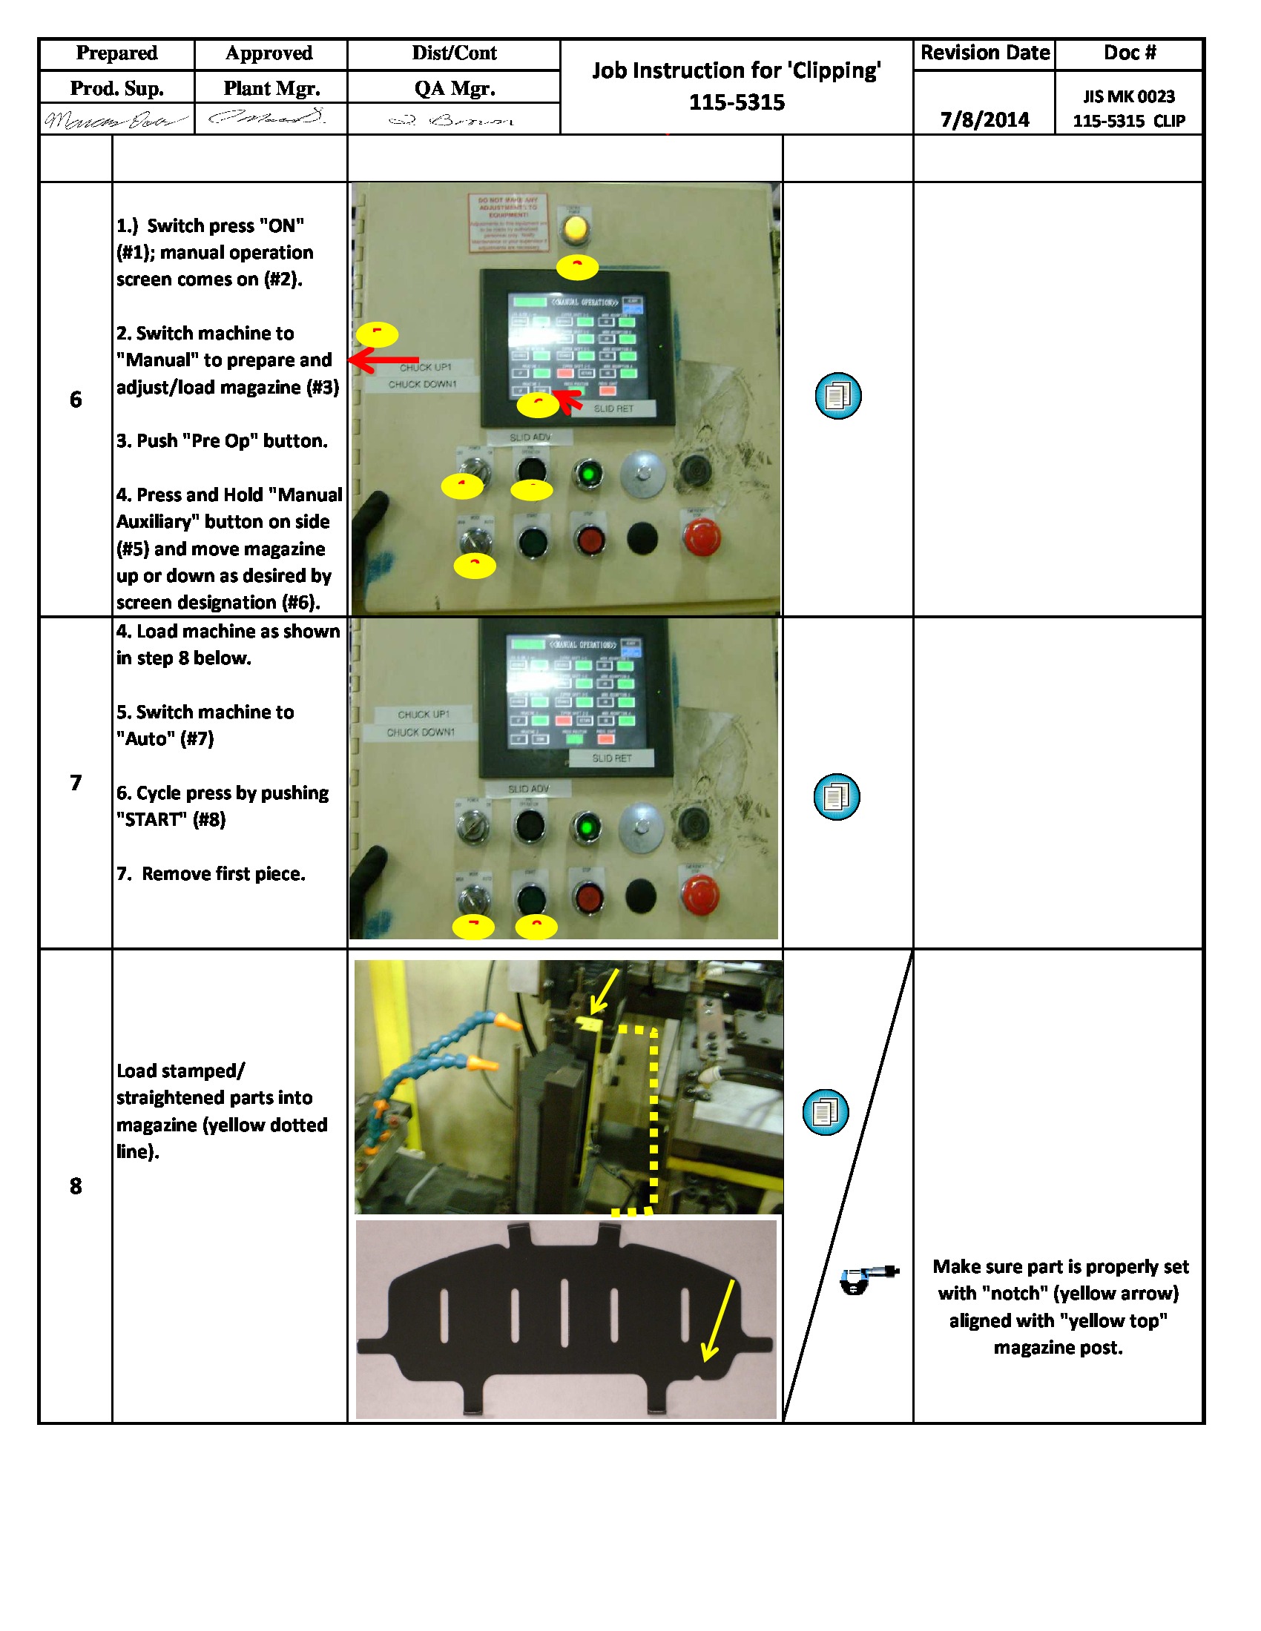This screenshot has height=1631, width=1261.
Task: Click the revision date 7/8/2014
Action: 984,119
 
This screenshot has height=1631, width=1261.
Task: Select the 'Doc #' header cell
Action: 1129,53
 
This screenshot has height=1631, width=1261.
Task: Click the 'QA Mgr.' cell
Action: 454,88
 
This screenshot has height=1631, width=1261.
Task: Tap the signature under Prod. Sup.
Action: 116,119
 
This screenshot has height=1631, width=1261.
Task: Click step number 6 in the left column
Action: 76,399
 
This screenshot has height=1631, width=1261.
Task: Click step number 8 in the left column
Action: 76,1185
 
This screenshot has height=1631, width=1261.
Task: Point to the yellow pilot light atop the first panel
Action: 574,228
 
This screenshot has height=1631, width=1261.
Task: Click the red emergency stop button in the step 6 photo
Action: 702,537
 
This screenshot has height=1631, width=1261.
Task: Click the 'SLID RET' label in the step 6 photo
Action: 613,408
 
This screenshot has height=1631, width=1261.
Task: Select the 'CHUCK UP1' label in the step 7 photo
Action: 424,714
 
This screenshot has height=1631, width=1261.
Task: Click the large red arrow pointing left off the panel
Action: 383,360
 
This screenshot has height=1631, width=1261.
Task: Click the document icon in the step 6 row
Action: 837,396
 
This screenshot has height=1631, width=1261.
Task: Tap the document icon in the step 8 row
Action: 825,1112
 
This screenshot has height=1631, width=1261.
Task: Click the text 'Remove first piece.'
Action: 223,873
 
